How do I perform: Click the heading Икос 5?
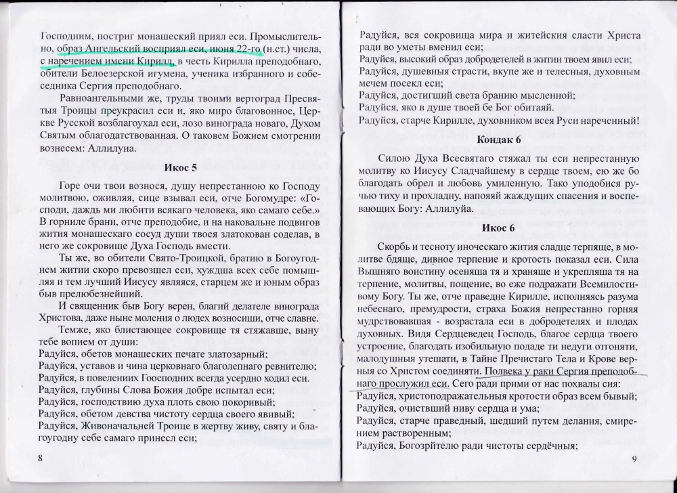coord(179,167)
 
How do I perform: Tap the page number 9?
coord(634,458)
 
